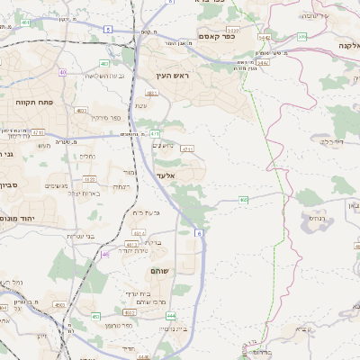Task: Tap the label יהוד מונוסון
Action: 18,218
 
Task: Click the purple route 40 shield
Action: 63,71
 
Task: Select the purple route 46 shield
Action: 105,255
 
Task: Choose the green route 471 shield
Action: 156,133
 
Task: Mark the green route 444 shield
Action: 171,317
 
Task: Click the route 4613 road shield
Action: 131,244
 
